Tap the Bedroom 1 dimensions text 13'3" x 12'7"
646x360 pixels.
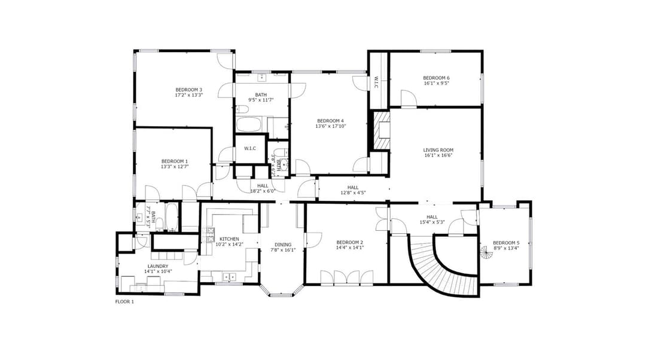[174, 167]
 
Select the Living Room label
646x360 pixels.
[438, 150]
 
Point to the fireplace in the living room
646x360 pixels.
[381, 131]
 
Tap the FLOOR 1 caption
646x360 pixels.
[124, 302]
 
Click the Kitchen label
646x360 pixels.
[229, 239]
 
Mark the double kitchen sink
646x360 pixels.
[229, 276]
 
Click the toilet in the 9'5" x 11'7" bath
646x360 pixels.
[242, 109]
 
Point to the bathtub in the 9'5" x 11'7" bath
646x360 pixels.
[249, 125]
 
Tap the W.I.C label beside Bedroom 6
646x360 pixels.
[376, 82]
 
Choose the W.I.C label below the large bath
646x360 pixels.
[249, 148]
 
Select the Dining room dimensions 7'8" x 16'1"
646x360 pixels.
[283, 250]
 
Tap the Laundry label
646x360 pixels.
[158, 266]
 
